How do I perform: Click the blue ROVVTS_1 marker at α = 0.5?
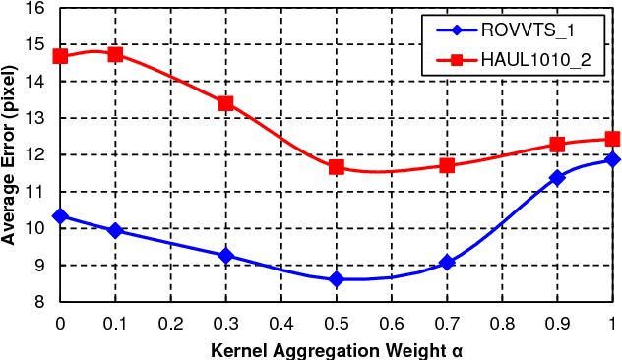coord(337,279)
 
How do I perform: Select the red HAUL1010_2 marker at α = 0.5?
coord(337,167)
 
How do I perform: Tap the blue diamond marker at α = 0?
coord(60,215)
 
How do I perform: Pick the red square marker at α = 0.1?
coord(115,54)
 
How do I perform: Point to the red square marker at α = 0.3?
coord(225,103)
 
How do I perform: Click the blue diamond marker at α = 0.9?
coord(557,177)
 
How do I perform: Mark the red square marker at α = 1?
coord(612,139)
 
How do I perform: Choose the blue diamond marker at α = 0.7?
coord(447,263)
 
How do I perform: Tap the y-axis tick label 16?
coord(34,8)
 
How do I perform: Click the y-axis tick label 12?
coord(34,154)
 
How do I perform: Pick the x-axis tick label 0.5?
coord(337,324)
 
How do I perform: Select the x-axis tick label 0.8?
coord(502,324)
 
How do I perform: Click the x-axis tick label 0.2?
coord(170,324)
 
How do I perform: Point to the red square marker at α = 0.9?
coord(557,145)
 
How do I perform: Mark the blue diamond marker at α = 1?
coord(612,159)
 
